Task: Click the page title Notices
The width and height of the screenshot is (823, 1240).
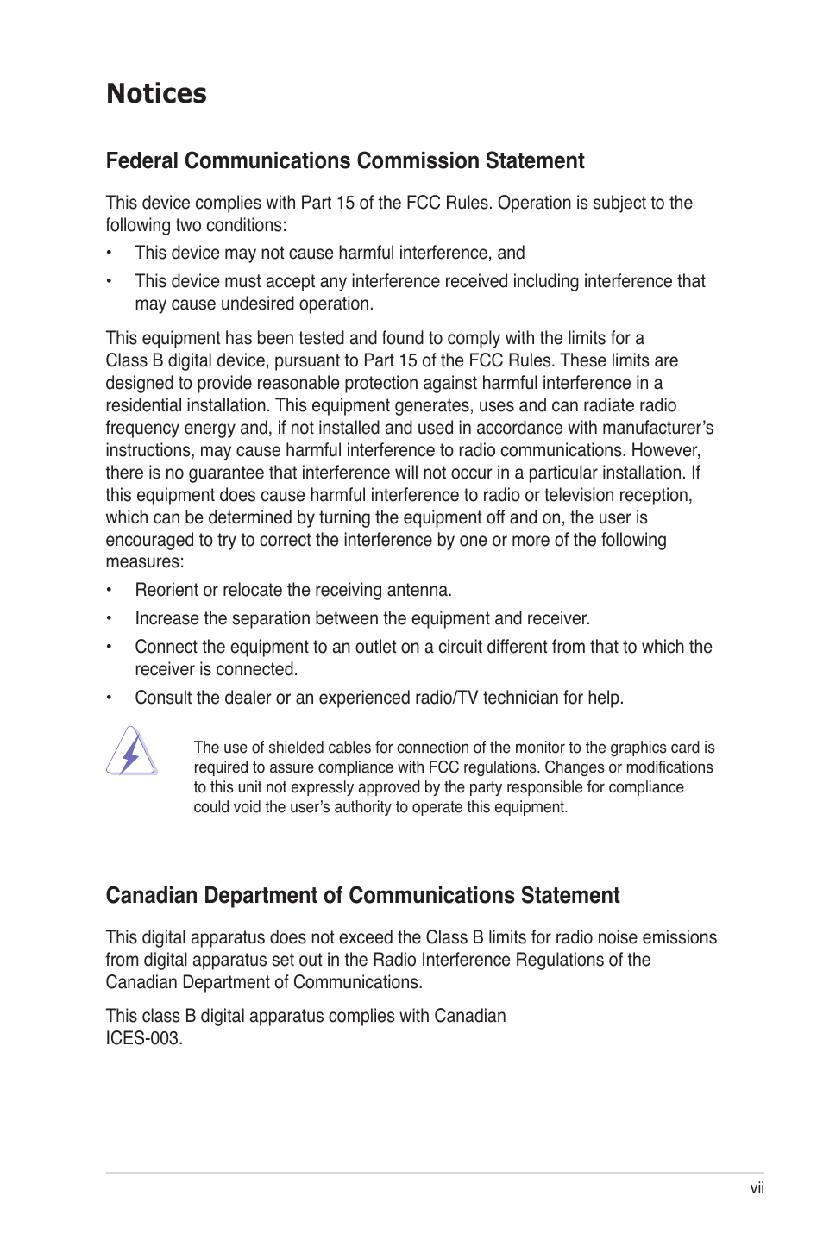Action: pos(156,93)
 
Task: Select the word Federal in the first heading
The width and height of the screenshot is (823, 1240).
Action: pos(141,161)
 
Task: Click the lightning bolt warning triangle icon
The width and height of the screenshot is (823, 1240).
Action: pos(131,751)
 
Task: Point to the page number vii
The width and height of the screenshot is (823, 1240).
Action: pos(757,1188)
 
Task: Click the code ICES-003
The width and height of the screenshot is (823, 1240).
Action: pos(143,1038)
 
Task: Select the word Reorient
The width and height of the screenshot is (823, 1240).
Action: pos(166,590)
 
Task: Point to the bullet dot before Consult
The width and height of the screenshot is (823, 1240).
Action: pos(110,698)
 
